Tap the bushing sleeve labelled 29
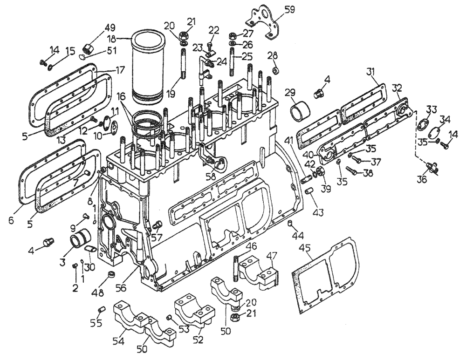point(300,112)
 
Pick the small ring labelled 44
point(289,224)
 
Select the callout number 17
point(120,71)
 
